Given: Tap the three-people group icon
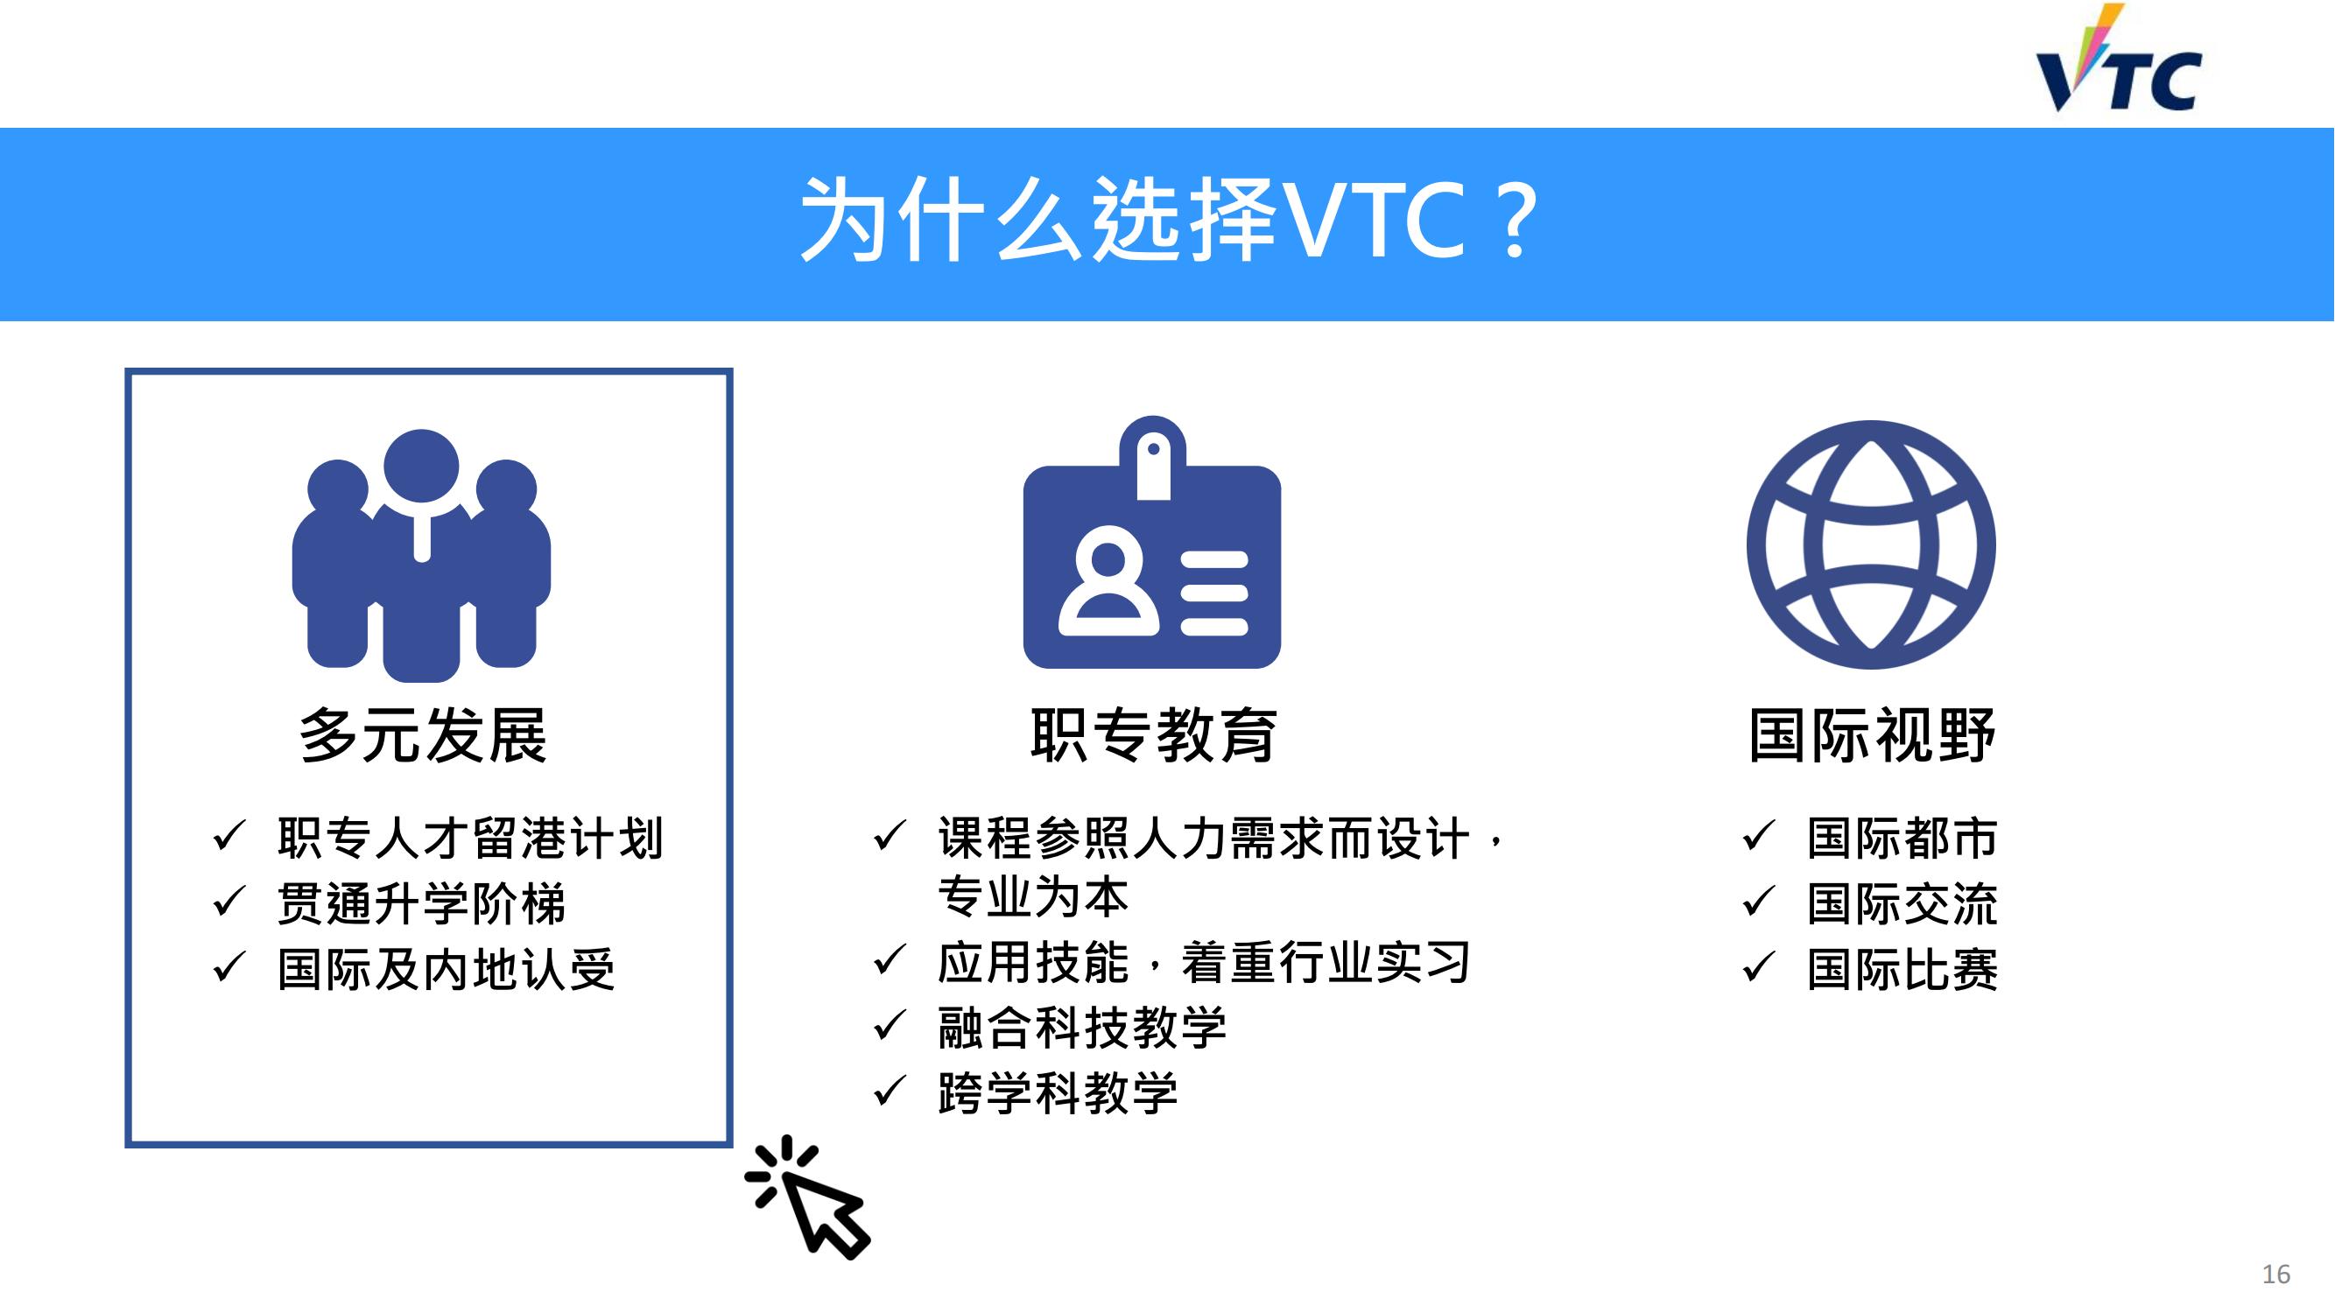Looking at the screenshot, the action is (421, 556).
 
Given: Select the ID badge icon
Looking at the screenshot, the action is (1152, 542).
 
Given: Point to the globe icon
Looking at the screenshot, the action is (1872, 544).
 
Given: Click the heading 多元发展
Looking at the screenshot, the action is (423, 735).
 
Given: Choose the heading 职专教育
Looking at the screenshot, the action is (1154, 735).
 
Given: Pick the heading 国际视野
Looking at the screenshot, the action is (1873, 735).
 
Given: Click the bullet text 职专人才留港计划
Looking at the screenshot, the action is (471, 838).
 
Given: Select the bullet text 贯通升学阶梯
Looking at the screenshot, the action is (422, 903).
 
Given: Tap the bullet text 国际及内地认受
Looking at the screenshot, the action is (447, 970).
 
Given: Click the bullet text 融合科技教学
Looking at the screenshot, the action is (1082, 1028).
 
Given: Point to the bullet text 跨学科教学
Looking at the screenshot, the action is (1058, 1092).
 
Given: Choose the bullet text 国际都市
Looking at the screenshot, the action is (1902, 838).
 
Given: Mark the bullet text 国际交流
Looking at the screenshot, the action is (1902, 903).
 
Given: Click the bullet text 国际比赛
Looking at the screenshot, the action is (1902, 970).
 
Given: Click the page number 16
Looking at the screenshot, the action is (2276, 1274).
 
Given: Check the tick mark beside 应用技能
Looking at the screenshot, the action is (890, 959).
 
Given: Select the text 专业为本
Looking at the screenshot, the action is (1033, 897).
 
